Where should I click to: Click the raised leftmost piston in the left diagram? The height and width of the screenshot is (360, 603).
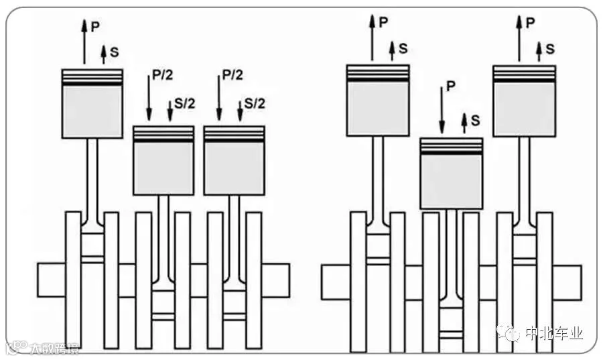tap(92, 104)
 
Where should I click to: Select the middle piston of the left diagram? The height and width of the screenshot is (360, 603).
tap(163, 161)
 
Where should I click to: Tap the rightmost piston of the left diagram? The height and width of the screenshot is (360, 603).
tap(234, 161)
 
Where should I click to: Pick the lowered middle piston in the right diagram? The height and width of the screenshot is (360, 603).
tap(451, 174)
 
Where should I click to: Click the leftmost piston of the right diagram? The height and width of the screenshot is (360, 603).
tap(377, 101)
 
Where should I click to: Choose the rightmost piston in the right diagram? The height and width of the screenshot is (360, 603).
tap(524, 101)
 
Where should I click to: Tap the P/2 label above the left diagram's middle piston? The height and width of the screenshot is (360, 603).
tap(163, 75)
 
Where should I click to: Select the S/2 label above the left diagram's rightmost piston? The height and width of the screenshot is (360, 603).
tap(255, 103)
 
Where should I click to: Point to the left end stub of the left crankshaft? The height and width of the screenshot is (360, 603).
tap(51, 280)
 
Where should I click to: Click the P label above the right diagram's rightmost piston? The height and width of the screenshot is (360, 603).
tap(531, 22)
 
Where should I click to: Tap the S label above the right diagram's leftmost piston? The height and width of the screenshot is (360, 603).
tap(403, 48)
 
